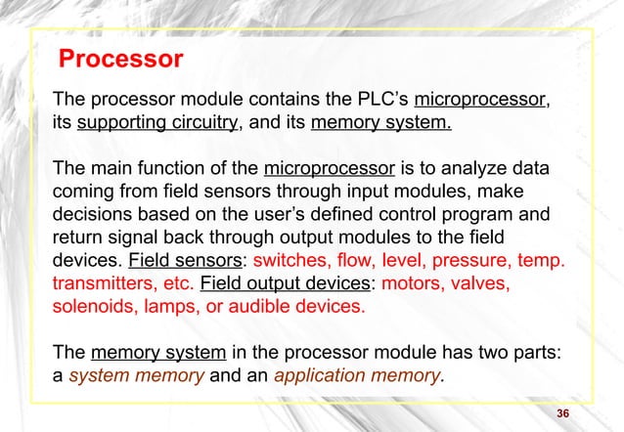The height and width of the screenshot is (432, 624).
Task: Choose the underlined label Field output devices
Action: pos(277,283)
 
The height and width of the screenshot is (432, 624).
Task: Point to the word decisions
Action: pos(97,215)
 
